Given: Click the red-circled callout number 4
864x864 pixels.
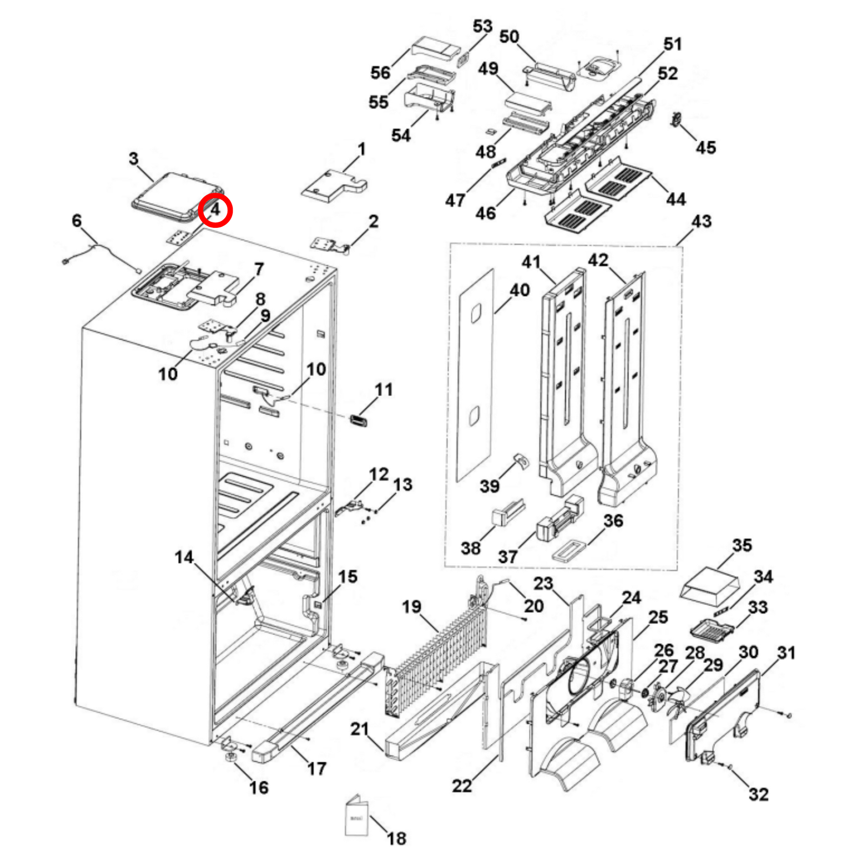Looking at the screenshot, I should pos(215,210).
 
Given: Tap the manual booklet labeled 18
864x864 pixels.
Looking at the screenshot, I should pos(356,816).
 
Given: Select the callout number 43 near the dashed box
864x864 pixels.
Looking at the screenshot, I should pos(701,221).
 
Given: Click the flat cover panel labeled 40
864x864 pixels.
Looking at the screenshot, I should pos(476,373).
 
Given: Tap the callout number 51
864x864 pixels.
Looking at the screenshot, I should pos(672,44).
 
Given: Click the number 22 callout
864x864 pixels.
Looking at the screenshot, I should pos(462,786).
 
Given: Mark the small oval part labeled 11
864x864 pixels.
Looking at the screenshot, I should pos(358,421).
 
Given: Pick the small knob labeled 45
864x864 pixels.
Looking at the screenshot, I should pos(674,119).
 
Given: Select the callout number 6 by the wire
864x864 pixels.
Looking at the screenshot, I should pos(77,221).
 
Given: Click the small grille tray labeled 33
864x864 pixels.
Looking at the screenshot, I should pos(712,630).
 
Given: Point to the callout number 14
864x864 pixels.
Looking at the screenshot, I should pos(184,557).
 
